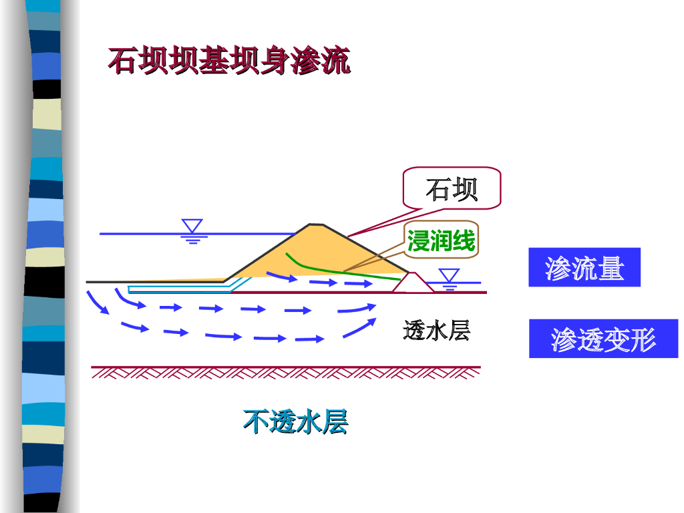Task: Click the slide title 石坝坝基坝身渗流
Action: pyautogui.click(x=229, y=61)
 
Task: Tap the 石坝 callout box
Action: pyautogui.click(x=452, y=189)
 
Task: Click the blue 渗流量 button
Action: pyautogui.click(x=584, y=268)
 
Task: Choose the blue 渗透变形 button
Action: pyautogui.click(x=603, y=339)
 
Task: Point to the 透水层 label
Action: pyautogui.click(x=437, y=330)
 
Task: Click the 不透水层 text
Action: pyautogui.click(x=296, y=422)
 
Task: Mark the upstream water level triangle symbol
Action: pyautogui.click(x=192, y=226)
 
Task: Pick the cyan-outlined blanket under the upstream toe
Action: pyautogui.click(x=180, y=289)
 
